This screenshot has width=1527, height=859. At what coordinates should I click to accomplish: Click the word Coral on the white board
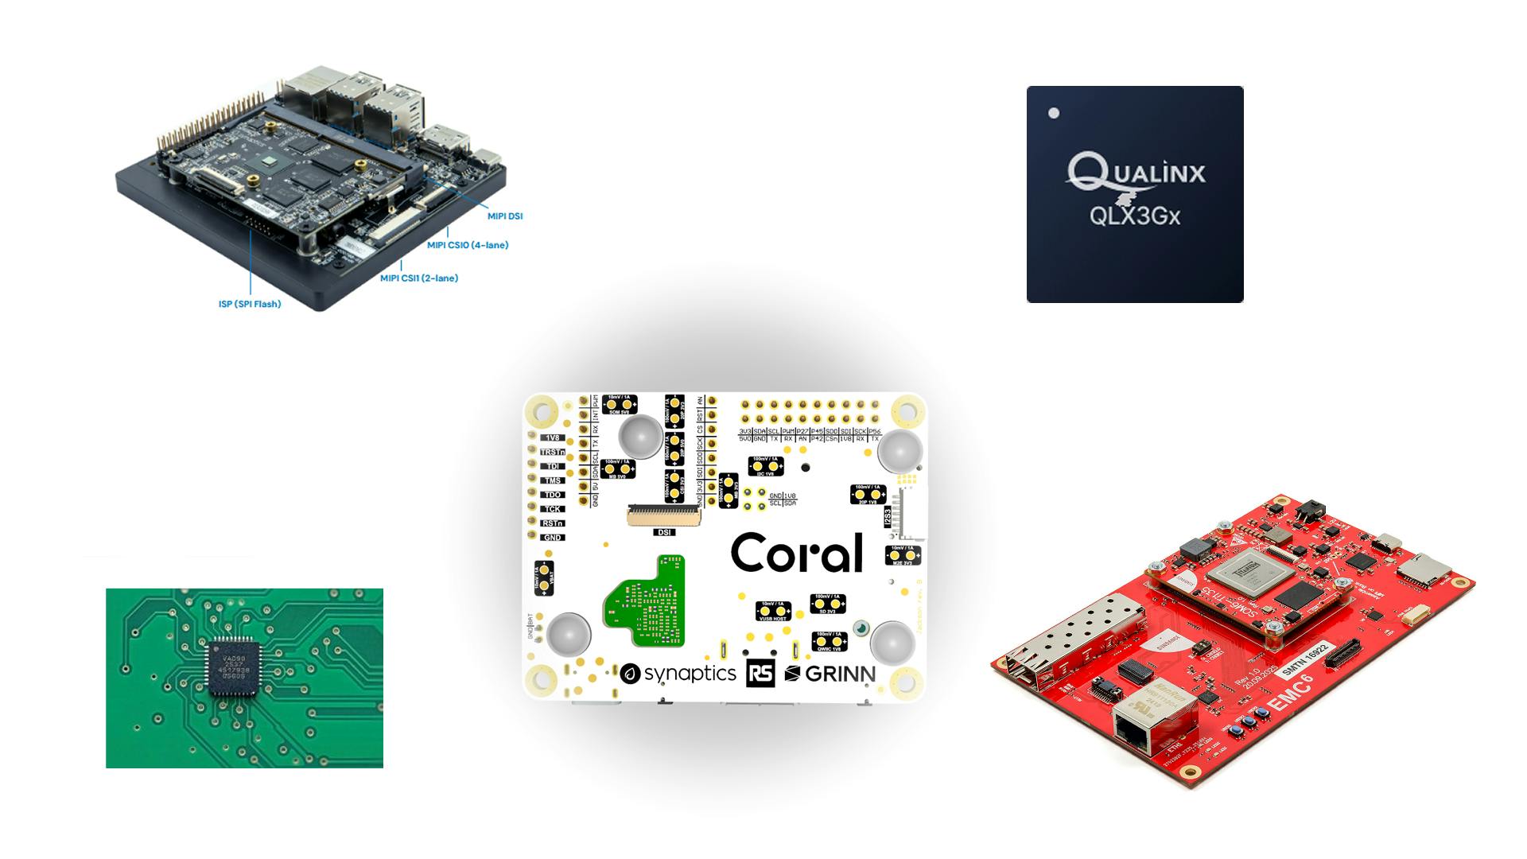796,554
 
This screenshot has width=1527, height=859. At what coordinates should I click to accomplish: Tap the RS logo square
760,674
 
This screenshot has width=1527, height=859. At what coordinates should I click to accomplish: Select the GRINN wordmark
830,674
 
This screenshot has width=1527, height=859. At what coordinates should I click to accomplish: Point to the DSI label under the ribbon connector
663,533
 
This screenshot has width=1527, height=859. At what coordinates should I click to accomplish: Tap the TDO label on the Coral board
552,495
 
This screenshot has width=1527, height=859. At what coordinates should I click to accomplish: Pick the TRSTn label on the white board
552,452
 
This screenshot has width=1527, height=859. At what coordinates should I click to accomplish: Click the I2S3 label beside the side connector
888,517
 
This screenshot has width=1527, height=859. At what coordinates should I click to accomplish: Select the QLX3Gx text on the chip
1134,215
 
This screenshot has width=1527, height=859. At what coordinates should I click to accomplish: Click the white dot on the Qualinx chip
1054,113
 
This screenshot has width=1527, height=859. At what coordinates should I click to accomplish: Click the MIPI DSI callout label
505,216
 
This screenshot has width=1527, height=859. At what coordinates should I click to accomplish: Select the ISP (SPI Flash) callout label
250,304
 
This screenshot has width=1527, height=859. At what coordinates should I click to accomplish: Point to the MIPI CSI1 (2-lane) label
419,278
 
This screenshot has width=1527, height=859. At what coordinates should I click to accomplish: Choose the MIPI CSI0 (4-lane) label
468,245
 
